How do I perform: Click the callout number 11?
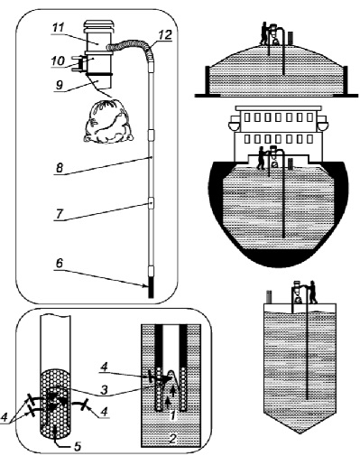tap(59, 28)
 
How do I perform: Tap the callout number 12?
tap(165, 35)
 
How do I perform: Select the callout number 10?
tap(59, 61)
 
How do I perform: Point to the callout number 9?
tap(60, 85)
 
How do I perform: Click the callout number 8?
tap(60, 168)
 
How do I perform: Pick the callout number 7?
tap(60, 214)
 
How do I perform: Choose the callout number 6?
tap(60, 264)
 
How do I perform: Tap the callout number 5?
tap(78, 446)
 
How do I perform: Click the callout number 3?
tap(104, 390)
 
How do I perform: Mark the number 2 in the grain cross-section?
tap(172, 439)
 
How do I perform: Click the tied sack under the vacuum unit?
tap(108, 122)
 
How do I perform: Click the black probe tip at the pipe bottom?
tap(151, 286)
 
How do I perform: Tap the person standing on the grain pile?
tap(264, 33)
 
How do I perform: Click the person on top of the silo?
tap(313, 292)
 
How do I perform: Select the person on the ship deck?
tap(262, 157)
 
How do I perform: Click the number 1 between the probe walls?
tap(172, 415)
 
